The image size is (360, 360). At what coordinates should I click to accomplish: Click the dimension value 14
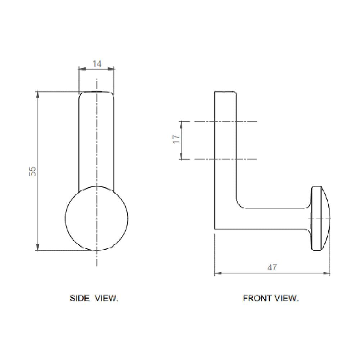pos(97,64)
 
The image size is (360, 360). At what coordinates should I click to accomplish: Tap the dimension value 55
pos(33,171)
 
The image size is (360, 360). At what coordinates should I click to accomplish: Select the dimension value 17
pos(176,139)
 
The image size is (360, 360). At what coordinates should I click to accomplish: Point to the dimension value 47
pos(272,267)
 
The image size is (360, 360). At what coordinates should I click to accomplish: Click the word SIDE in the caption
pos(80,298)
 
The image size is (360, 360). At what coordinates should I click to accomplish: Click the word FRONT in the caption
pos(257,298)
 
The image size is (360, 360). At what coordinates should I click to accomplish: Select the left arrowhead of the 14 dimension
pos(82,68)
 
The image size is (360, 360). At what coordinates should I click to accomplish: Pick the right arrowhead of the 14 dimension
pos(111,68)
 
